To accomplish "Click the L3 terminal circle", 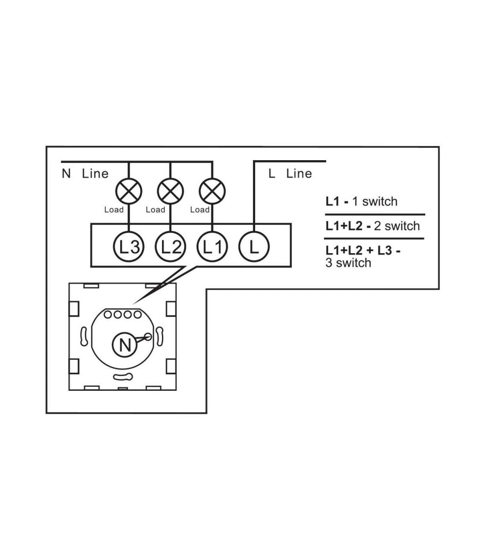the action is click(x=129, y=247).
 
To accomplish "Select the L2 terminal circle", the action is click(x=170, y=247).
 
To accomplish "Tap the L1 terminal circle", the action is click(x=212, y=247).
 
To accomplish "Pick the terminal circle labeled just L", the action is click(x=254, y=247).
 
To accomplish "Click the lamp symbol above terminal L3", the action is click(x=129, y=191).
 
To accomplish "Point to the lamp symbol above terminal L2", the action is click(x=170, y=191).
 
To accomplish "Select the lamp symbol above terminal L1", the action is click(x=212, y=191).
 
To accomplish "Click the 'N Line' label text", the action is click(x=85, y=174).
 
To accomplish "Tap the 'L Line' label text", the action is click(x=290, y=174).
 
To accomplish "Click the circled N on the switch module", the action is click(x=125, y=345).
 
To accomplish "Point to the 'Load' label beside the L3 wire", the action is click(x=114, y=210).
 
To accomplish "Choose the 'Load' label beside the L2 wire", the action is click(x=155, y=210).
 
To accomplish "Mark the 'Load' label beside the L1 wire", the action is click(x=200, y=210).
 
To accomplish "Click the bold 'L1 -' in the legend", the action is click(x=337, y=201).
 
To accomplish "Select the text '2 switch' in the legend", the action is click(x=396, y=226).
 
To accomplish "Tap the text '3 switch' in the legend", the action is click(x=348, y=263).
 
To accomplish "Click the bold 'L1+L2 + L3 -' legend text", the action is click(x=363, y=250).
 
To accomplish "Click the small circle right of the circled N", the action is click(x=148, y=337).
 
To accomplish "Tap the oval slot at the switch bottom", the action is click(x=123, y=377).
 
